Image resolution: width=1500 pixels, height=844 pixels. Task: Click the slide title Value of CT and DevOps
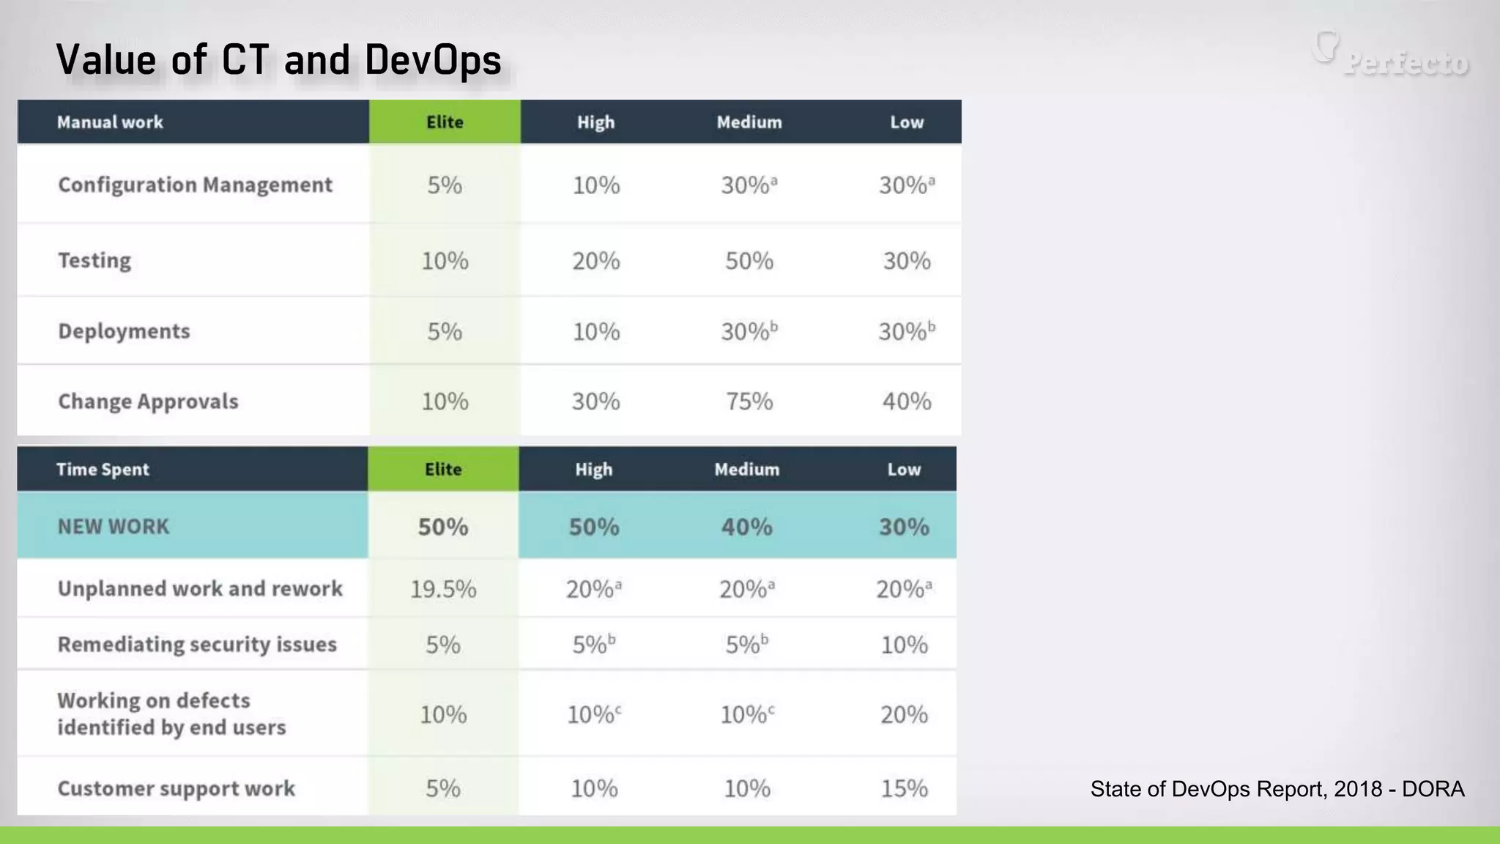tap(278, 60)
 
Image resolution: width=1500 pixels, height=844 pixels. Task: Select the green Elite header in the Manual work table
tap(445, 122)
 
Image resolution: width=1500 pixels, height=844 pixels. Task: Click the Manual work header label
tap(110, 122)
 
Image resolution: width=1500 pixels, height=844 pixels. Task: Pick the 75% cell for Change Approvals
tap(749, 401)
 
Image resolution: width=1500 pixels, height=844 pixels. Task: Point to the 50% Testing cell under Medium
tap(749, 261)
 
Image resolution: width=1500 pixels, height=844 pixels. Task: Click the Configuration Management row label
tap(195, 185)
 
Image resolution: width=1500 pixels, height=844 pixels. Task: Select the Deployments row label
tap(124, 331)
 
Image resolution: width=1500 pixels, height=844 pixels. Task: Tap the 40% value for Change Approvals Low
tap(906, 401)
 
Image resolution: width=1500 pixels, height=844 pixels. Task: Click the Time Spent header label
tap(103, 469)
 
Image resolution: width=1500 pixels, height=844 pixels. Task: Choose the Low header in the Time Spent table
tap(904, 469)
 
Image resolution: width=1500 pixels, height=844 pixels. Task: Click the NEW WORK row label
tap(113, 526)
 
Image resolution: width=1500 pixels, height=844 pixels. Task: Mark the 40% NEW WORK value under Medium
tap(746, 527)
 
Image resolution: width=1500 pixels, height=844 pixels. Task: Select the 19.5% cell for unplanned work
tap(442, 589)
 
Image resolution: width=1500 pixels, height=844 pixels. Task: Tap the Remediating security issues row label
tap(197, 644)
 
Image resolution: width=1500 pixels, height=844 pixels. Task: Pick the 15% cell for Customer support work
tap(904, 788)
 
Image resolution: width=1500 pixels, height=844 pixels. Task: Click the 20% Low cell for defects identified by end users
tap(904, 714)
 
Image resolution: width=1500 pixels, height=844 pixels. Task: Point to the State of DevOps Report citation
tap(1277, 788)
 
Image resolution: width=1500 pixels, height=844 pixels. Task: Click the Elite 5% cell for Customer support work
tap(442, 788)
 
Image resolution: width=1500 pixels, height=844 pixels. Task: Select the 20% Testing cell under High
tap(595, 261)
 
